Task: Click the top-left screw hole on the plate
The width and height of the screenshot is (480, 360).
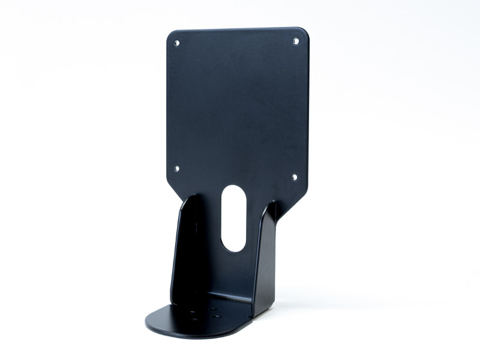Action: click(176, 43)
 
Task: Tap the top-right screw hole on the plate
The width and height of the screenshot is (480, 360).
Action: click(296, 40)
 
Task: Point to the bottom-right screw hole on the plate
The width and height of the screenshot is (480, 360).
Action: click(295, 176)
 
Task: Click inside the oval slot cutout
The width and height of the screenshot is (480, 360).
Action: click(233, 219)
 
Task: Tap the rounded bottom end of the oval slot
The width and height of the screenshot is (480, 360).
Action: click(233, 248)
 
